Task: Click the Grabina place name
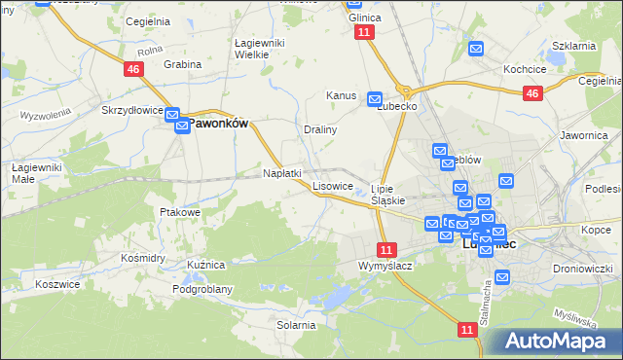pyautogui.click(x=182, y=64)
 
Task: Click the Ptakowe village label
pyautogui.click(x=180, y=211)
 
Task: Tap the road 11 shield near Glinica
pyautogui.click(x=364, y=32)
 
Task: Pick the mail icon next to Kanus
pyautogui.click(x=375, y=98)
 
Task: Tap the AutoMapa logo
pyautogui.click(x=558, y=341)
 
